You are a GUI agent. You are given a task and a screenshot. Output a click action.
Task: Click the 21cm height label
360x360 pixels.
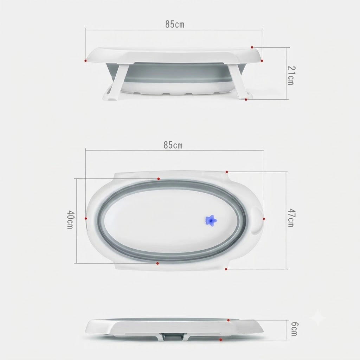click(x=291, y=75)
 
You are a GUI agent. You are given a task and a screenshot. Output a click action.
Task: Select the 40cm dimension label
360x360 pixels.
click(x=70, y=219)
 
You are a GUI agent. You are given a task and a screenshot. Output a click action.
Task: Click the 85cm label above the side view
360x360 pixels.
click(x=175, y=24)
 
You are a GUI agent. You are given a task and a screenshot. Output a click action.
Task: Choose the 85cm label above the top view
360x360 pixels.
click(x=173, y=145)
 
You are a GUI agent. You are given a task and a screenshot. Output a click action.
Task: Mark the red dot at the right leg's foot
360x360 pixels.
click(x=246, y=99)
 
